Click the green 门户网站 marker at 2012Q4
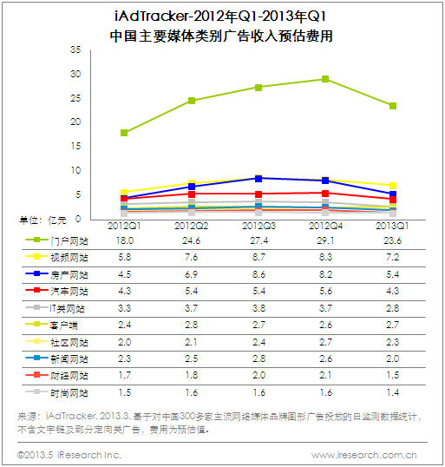325,79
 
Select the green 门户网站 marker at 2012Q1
124,133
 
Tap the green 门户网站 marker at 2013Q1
393,106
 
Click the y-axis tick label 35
75,49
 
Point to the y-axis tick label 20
75,122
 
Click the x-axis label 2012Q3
258,226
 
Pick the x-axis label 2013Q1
393,226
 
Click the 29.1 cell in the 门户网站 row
325,240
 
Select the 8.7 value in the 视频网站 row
258,257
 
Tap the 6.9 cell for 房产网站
192,274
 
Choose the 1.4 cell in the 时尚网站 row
393,392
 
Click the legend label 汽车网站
69,292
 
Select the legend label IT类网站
68,308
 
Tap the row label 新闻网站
69,359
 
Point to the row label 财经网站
69,376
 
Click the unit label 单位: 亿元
43,220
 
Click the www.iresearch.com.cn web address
364,455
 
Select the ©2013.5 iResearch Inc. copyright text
69,455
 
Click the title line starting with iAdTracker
221,16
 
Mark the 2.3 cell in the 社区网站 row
393,342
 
